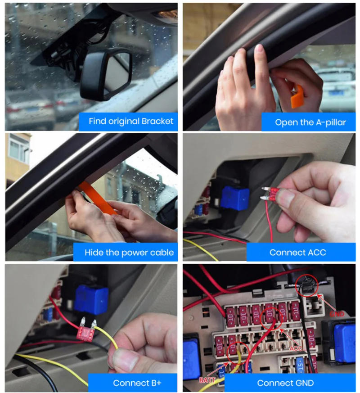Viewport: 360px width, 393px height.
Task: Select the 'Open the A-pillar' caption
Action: (x=310, y=122)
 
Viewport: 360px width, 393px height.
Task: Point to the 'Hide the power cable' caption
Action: (x=129, y=252)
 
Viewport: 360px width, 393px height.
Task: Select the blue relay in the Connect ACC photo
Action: (x=234, y=198)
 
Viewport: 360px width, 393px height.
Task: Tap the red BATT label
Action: (x=207, y=380)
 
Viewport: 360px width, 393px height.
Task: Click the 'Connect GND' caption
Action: (x=285, y=383)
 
